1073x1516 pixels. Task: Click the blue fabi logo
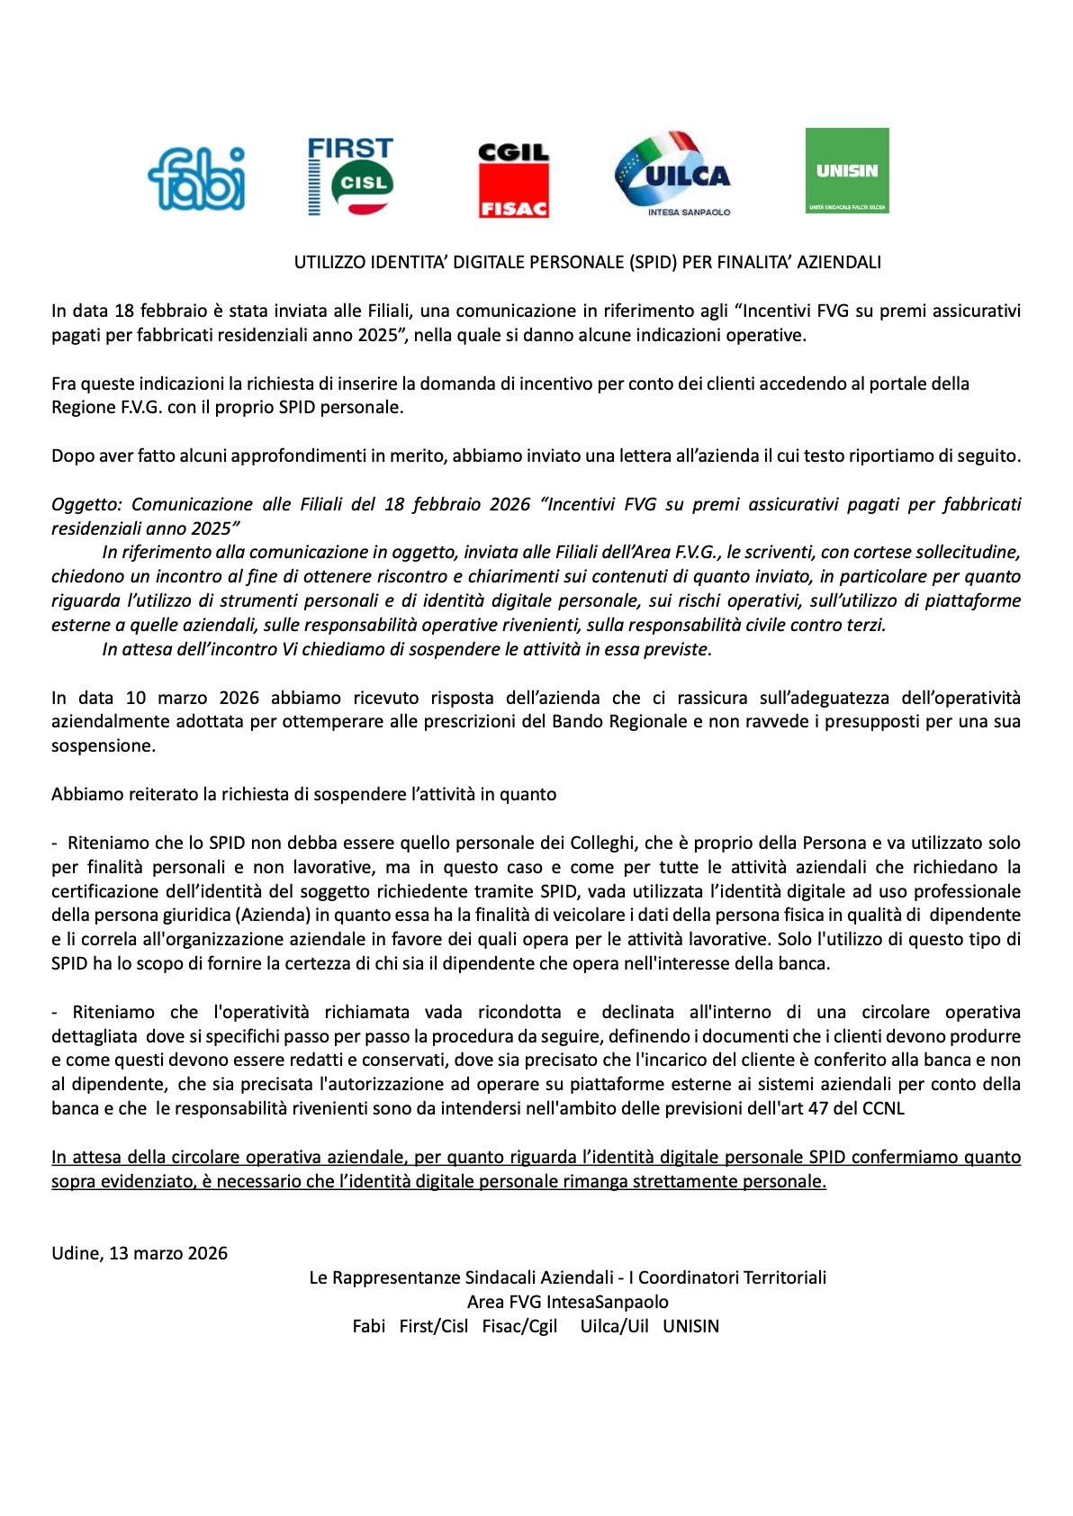[x=196, y=178]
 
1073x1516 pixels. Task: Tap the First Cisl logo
[x=350, y=176]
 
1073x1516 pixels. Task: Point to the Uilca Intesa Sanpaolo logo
[x=673, y=175]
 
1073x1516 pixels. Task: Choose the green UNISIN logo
[x=846, y=170]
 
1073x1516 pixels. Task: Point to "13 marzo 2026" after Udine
[x=168, y=1253]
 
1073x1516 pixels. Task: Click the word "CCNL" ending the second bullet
[x=883, y=1108]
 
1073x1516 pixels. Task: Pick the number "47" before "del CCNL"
[x=817, y=1108]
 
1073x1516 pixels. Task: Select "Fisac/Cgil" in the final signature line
[x=519, y=1326]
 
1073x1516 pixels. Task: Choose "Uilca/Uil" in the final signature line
[x=614, y=1326]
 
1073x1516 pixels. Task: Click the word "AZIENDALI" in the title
[x=839, y=262]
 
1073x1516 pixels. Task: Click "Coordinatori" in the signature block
[x=689, y=1277]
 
